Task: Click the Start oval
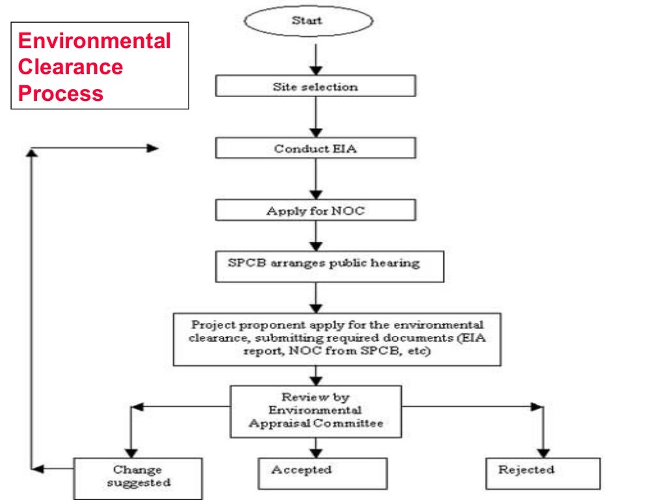coord(308,21)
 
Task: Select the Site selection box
coord(315,87)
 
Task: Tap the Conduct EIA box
coord(315,148)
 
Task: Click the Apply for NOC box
coord(315,211)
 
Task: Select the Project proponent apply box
coord(337,339)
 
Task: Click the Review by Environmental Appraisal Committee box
coord(315,411)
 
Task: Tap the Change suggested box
coord(138,477)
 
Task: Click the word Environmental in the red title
coord(94,42)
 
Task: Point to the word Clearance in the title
coord(70,67)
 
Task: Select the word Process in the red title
coord(60,93)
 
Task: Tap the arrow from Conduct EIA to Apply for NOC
coord(315,178)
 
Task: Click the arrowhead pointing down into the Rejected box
coord(542,451)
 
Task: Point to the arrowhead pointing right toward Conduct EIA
coord(152,148)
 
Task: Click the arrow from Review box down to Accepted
coord(315,447)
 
